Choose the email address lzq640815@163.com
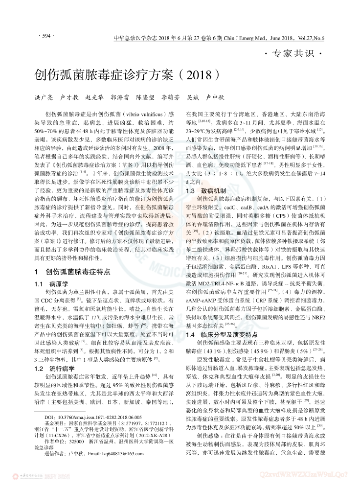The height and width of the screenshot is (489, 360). coord(112,467)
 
